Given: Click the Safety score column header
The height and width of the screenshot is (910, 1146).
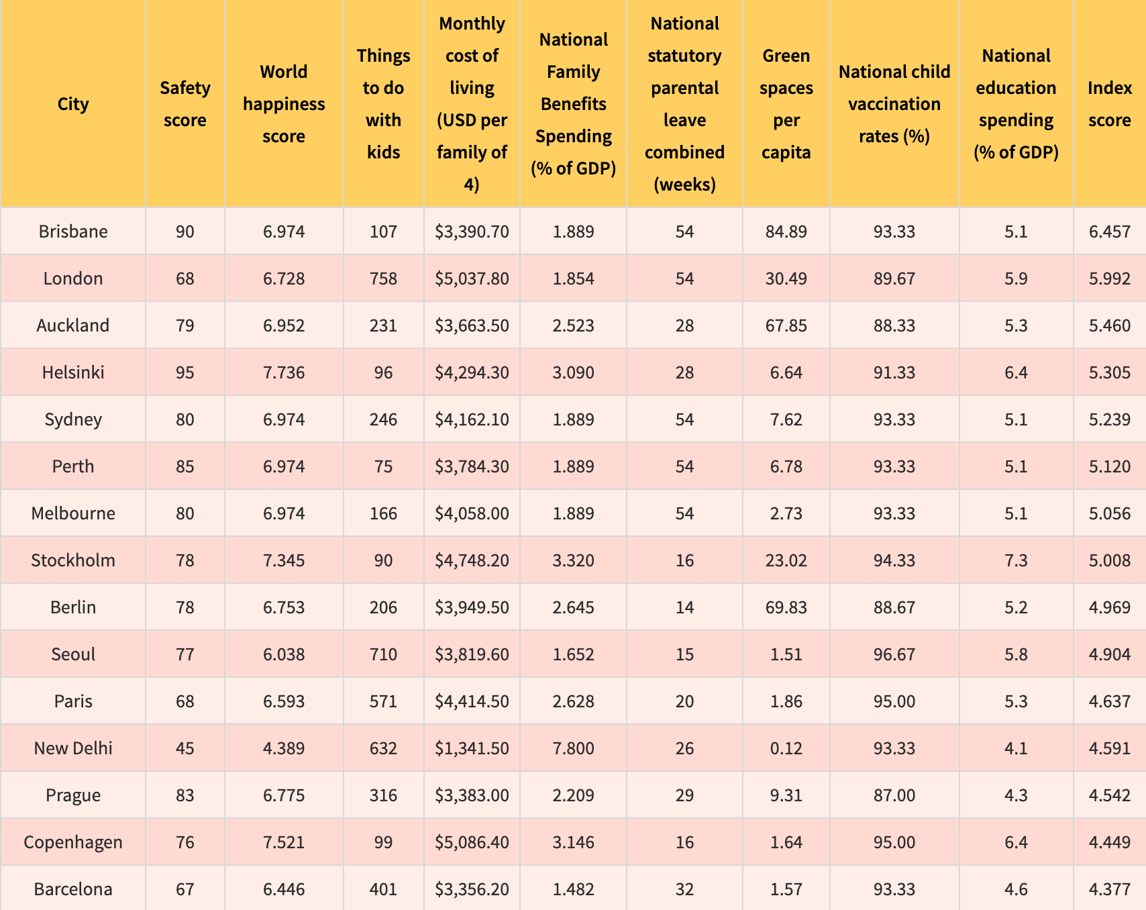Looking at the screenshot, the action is click(185, 104).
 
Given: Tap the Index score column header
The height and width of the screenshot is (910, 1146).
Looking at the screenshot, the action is click(1110, 104).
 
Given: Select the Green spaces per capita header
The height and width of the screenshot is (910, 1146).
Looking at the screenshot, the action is click(786, 104).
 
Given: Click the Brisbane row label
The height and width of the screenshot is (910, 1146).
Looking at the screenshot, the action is click(73, 232).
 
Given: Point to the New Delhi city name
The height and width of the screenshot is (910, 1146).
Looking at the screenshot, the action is click(73, 748).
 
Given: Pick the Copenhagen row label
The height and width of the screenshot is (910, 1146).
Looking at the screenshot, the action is click(73, 842).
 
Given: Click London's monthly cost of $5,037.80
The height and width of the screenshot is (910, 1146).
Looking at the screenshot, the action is click(472, 279).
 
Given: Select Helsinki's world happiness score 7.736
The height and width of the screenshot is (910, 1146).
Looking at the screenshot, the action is click(284, 372).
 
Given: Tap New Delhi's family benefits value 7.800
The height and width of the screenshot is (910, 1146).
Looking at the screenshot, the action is click(574, 748).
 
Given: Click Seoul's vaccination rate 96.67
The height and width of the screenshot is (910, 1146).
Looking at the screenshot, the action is click(894, 654).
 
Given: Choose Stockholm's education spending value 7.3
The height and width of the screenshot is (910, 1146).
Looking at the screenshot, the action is click(1016, 560).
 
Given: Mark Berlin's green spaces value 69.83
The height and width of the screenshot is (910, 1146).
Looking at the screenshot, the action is click(786, 607).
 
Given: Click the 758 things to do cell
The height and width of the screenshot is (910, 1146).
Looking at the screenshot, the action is click(384, 279).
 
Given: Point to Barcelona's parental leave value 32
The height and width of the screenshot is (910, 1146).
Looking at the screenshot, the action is click(684, 889).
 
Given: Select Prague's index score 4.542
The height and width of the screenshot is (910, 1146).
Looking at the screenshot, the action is click(1110, 795).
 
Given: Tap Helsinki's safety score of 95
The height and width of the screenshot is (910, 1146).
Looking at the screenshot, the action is click(185, 372).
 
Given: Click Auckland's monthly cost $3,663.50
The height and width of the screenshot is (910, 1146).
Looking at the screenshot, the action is click(472, 325).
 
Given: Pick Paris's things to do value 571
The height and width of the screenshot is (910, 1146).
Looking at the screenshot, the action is click(384, 701).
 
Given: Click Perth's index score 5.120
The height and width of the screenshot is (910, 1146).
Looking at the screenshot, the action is click(1110, 466).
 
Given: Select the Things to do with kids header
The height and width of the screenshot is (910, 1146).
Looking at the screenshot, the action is click(384, 104).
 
